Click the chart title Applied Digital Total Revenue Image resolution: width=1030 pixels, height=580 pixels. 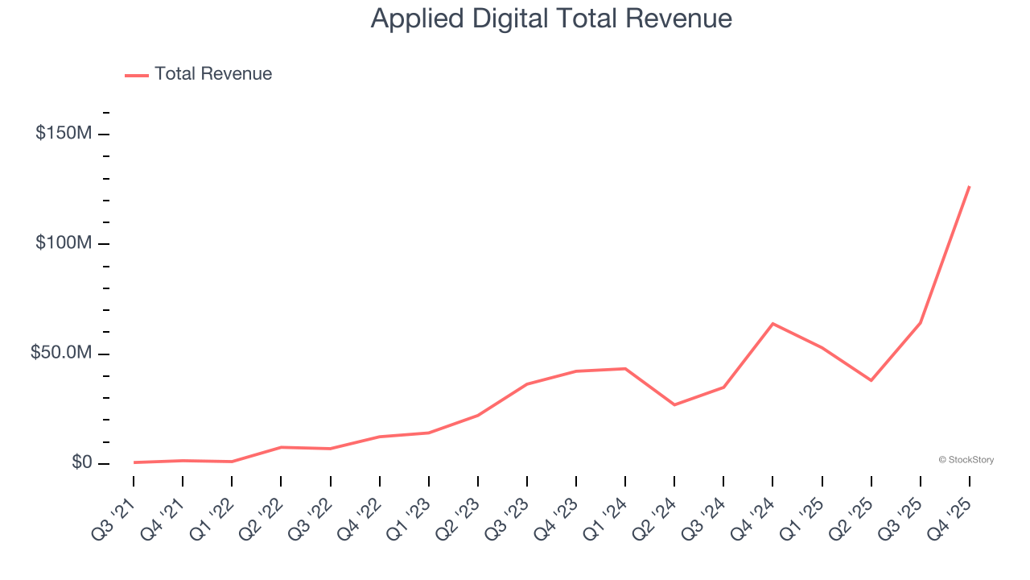551,19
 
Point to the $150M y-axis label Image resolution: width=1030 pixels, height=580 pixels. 64,133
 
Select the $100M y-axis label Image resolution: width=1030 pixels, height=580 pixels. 64,243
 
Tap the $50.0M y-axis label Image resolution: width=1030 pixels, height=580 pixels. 61,353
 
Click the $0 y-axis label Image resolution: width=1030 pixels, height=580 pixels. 81,462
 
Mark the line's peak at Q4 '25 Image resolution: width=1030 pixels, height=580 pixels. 970,186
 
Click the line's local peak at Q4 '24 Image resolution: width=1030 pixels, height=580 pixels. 772,323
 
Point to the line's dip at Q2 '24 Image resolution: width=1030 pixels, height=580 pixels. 674,404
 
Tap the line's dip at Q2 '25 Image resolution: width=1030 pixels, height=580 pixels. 871,380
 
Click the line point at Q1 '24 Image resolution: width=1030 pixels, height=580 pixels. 625,368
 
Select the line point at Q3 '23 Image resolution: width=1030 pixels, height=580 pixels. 527,383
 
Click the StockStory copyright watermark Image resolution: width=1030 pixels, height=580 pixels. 966,460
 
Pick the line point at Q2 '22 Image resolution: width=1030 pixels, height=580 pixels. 281,446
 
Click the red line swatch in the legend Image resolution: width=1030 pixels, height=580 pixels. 137,75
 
